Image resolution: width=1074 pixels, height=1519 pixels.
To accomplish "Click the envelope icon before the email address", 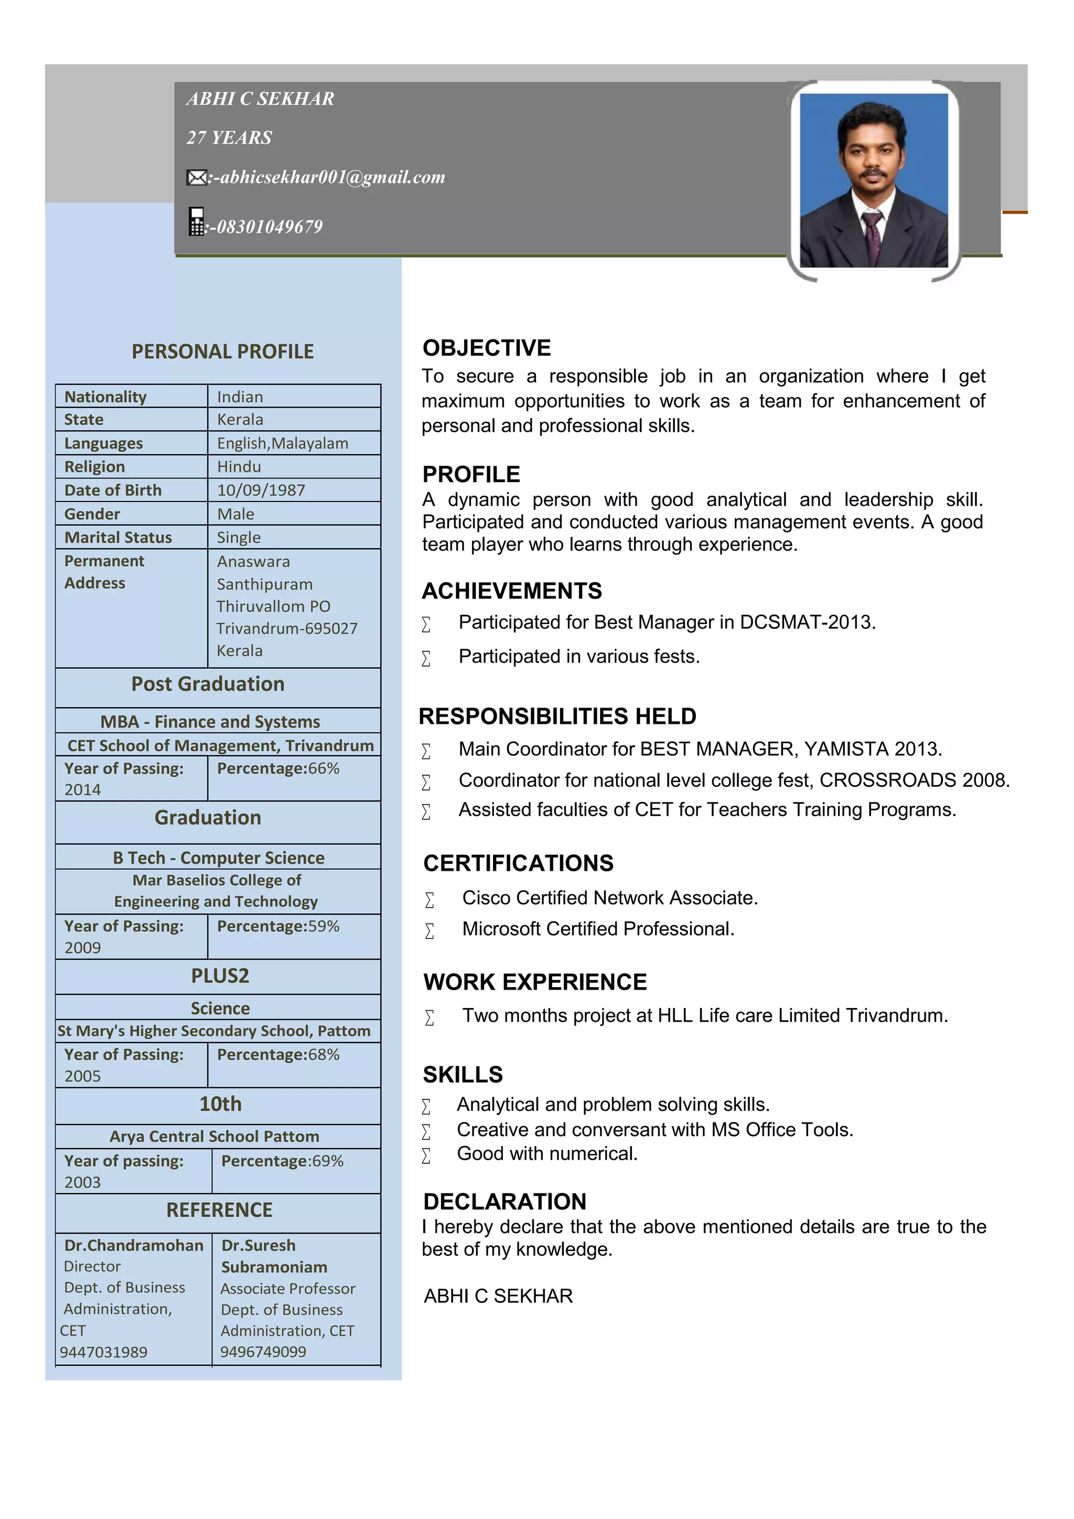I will pyautogui.click(x=197, y=177).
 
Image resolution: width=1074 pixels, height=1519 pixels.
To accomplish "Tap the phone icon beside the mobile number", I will pyautogui.click(x=197, y=222).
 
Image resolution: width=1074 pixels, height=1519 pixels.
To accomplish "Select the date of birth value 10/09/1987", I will pyautogui.click(x=261, y=490).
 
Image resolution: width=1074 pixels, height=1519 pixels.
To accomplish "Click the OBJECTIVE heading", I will pyautogui.click(x=486, y=348).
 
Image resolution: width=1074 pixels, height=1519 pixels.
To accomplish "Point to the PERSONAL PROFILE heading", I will pyautogui.click(x=223, y=351).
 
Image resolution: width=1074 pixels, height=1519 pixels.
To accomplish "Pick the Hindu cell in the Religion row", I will pyautogui.click(x=239, y=467).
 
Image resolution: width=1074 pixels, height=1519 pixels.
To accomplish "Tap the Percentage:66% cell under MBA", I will pyautogui.click(x=278, y=769).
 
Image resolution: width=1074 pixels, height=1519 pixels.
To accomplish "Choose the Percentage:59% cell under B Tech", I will pyautogui.click(x=278, y=926).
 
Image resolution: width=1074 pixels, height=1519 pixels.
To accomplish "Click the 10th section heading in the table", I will pyautogui.click(x=220, y=1104).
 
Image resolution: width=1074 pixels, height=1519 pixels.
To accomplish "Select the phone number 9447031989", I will pyautogui.click(x=104, y=1352).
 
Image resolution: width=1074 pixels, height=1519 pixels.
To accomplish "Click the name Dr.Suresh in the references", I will pyautogui.click(x=259, y=1245).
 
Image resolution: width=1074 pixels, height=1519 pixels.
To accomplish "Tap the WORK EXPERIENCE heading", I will pyautogui.click(x=535, y=982).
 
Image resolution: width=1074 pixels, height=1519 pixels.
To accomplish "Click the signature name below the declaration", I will pyautogui.click(x=498, y=1296).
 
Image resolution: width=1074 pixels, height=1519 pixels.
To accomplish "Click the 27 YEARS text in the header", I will pyautogui.click(x=229, y=137).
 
